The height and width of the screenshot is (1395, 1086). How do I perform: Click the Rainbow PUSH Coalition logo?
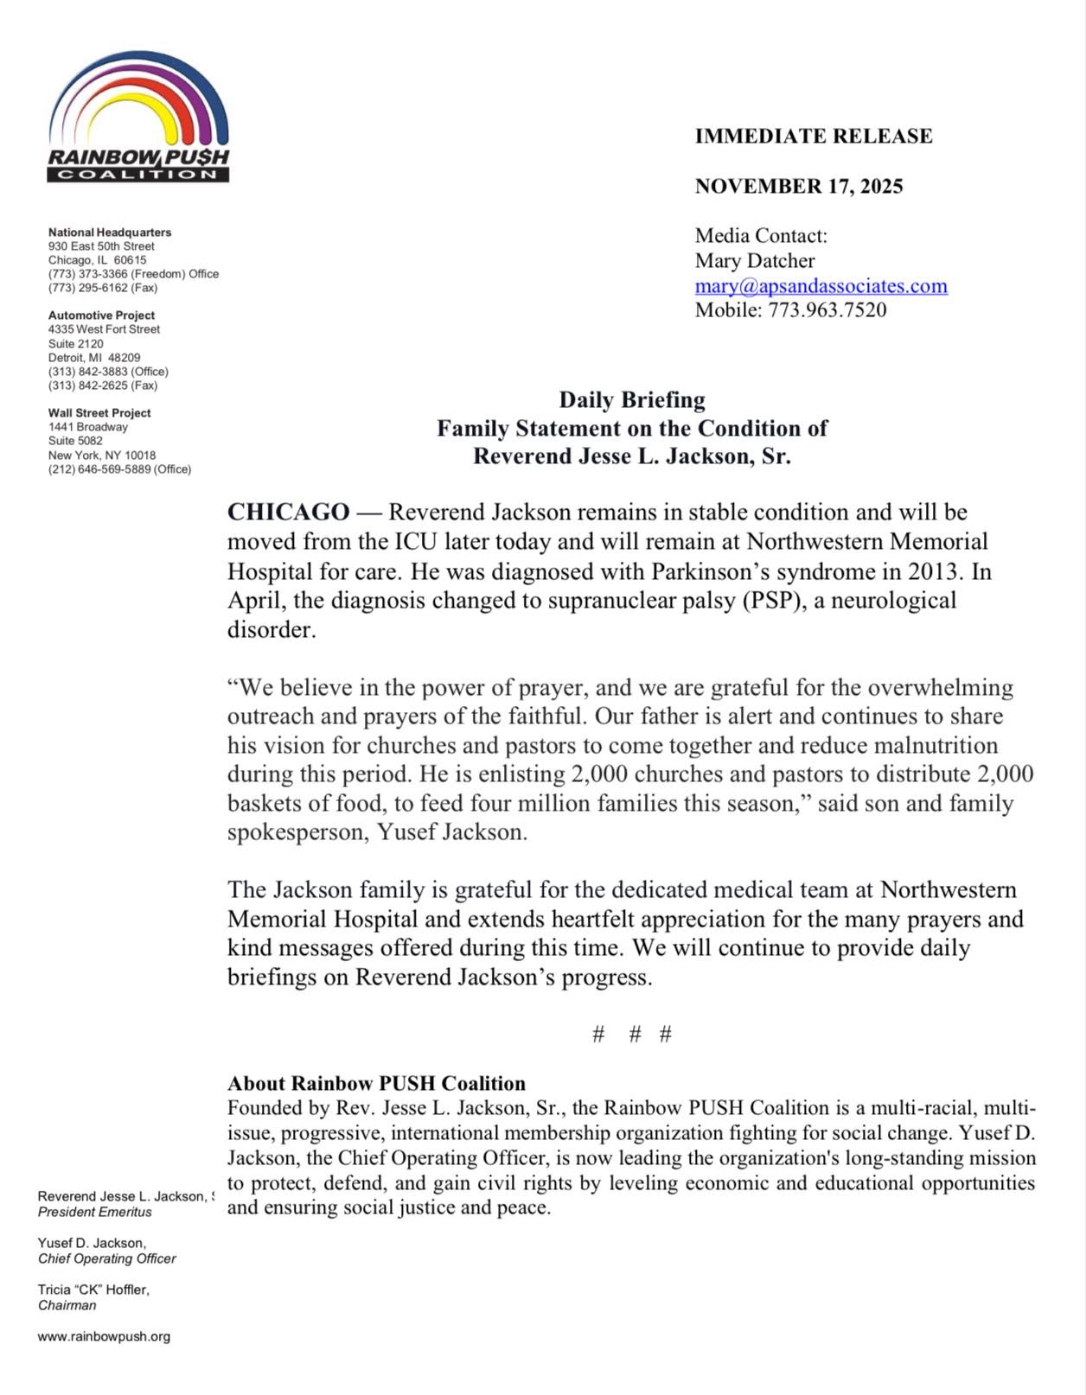pyautogui.click(x=138, y=117)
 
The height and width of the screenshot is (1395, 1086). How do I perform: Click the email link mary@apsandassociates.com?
pyautogui.click(x=821, y=286)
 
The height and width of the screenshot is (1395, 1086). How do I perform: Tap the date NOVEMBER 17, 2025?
pyautogui.click(x=799, y=187)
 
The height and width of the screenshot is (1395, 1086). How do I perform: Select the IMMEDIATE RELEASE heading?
pyautogui.click(x=814, y=137)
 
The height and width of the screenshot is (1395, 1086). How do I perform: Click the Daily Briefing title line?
pyautogui.click(x=632, y=400)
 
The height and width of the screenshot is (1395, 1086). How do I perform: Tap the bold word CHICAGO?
pyautogui.click(x=288, y=513)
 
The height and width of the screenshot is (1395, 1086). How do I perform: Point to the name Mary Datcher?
pyautogui.click(x=755, y=261)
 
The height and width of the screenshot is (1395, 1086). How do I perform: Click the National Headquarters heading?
pyautogui.click(x=110, y=232)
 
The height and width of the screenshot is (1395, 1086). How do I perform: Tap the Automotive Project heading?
pyautogui.click(x=102, y=315)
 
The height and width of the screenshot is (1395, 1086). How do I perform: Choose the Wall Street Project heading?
pyautogui.click(x=99, y=413)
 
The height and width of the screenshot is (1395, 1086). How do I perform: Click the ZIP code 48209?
pyautogui.click(x=125, y=358)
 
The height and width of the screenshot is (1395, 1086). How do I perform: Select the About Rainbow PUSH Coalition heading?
pyautogui.click(x=376, y=1084)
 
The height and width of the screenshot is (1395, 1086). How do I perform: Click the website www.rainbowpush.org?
pyautogui.click(x=104, y=1336)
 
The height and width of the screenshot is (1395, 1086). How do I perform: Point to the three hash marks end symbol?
pyautogui.click(x=632, y=1035)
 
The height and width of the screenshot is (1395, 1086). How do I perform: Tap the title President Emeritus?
pyautogui.click(x=95, y=1212)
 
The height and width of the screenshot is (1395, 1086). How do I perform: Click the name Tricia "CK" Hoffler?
pyautogui.click(x=93, y=1290)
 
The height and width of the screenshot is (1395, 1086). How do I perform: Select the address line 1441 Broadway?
pyautogui.click(x=88, y=427)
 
